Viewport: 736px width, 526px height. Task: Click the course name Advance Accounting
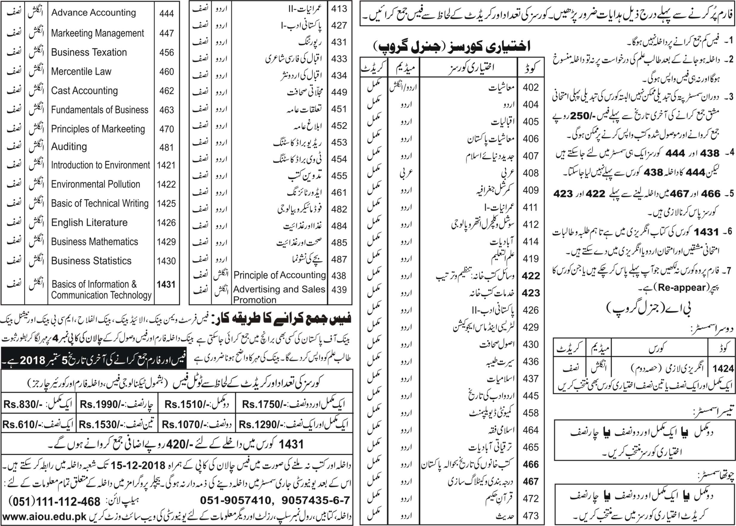pos(93,13)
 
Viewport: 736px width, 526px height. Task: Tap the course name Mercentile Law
pos(81,71)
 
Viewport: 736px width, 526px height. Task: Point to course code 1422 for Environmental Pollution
pos(166,184)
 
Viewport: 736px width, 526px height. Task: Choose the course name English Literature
pos(89,223)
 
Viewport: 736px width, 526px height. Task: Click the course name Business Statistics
pos(91,261)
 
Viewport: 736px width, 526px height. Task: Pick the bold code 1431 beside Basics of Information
pos(166,284)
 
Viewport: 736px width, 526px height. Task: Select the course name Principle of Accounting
pos(280,275)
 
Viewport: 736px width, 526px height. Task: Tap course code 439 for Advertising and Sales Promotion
pos(339,289)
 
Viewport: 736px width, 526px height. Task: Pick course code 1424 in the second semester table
pos(723,369)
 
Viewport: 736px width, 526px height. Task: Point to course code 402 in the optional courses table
pos(531,87)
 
